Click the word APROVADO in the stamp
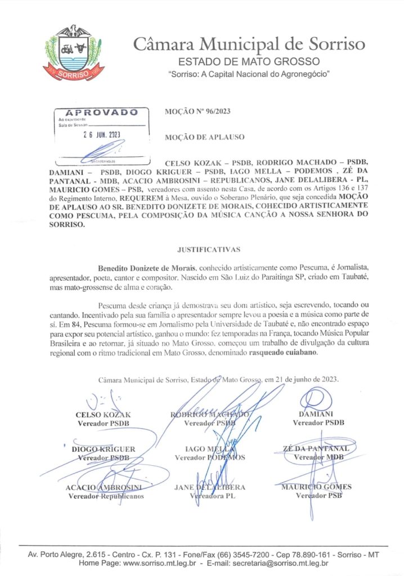[x=102, y=112]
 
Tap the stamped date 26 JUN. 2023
[x=98, y=135]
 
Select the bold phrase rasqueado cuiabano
[x=286, y=353]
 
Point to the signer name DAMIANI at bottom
[x=318, y=414]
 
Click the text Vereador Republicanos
[x=106, y=496]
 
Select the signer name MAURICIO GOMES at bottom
[x=316, y=487]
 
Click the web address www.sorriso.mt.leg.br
[x=159, y=563]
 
